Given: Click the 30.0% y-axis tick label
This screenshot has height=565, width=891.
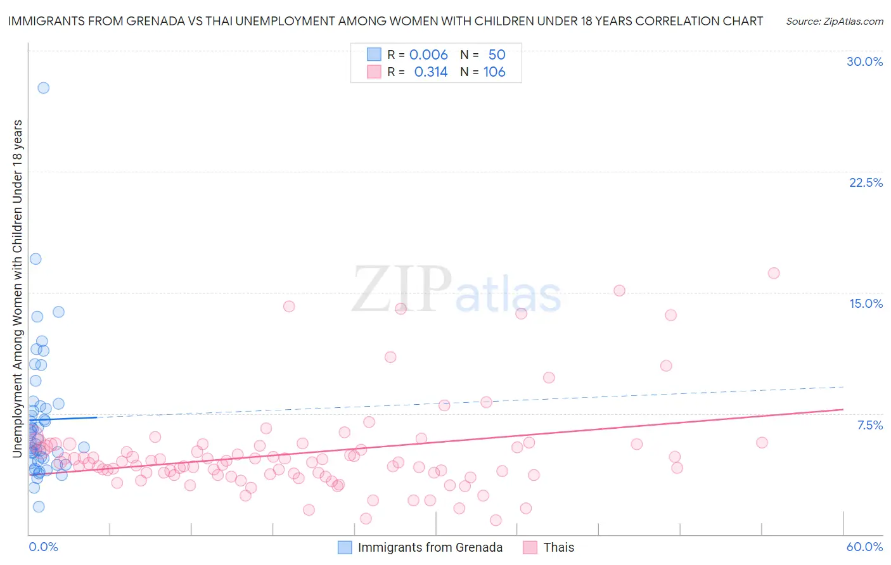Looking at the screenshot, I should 864,61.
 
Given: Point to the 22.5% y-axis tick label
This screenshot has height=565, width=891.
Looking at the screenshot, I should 866,182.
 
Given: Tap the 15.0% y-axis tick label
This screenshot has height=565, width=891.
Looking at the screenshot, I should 866,303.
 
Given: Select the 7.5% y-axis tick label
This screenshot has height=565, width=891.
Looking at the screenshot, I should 869,425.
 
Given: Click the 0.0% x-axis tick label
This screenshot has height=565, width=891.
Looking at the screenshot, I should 43,547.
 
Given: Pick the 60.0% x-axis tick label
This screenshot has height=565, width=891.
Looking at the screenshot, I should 864,547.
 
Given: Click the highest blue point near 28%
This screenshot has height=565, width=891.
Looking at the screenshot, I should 43,88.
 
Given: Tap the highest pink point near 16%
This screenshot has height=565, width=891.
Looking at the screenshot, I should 773,273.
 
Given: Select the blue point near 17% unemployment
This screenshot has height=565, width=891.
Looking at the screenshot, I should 35,259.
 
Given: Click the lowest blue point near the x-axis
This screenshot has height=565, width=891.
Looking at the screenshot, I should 39,507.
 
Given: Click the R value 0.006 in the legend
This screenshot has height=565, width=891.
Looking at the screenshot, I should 428,55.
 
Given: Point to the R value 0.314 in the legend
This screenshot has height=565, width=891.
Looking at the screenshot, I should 430,72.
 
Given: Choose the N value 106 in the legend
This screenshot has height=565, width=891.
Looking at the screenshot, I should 494,72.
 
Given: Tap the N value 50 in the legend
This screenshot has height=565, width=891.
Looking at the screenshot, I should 497,55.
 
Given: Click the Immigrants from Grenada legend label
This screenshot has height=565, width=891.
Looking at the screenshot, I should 430,547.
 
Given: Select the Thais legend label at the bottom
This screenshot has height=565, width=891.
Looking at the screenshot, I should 558,547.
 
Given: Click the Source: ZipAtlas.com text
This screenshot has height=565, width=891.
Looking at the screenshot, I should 834,21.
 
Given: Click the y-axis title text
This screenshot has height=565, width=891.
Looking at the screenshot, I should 17,288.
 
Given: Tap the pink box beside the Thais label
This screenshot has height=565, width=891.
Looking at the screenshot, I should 530,547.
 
